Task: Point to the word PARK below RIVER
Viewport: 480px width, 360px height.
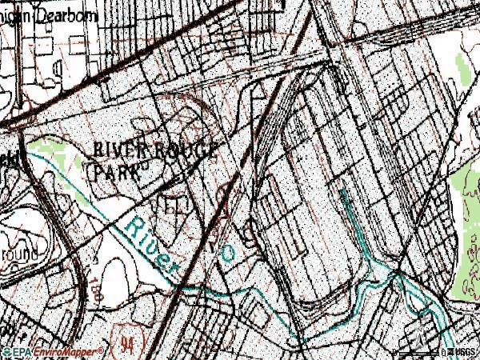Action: pos(118,170)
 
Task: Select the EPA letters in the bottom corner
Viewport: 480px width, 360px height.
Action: pos(20,351)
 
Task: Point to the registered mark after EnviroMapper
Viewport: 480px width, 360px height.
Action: pos(101,350)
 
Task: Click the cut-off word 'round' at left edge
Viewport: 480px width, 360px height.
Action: pos(18,254)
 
